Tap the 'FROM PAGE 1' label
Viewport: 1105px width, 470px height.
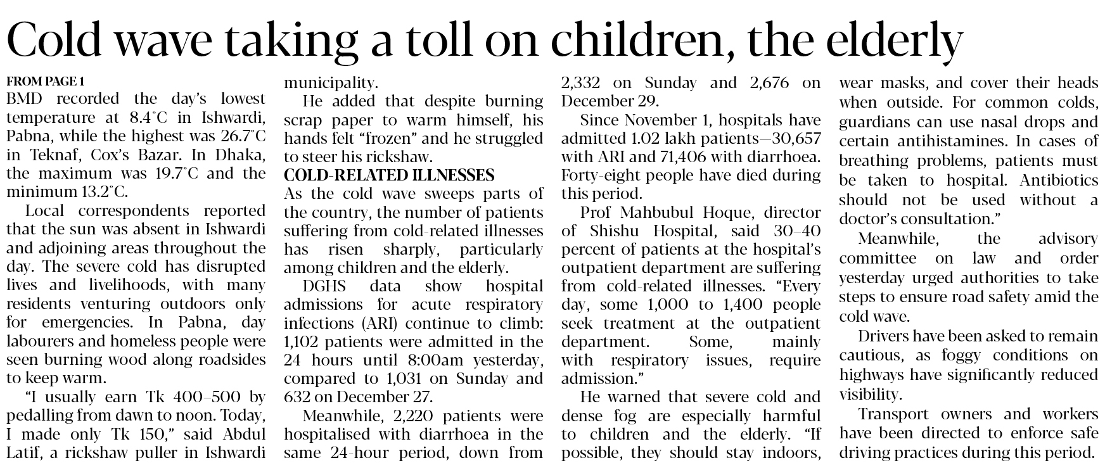click(45, 81)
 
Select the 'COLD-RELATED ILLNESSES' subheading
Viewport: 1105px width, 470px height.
click(388, 175)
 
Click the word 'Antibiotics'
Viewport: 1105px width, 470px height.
click(1059, 181)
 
